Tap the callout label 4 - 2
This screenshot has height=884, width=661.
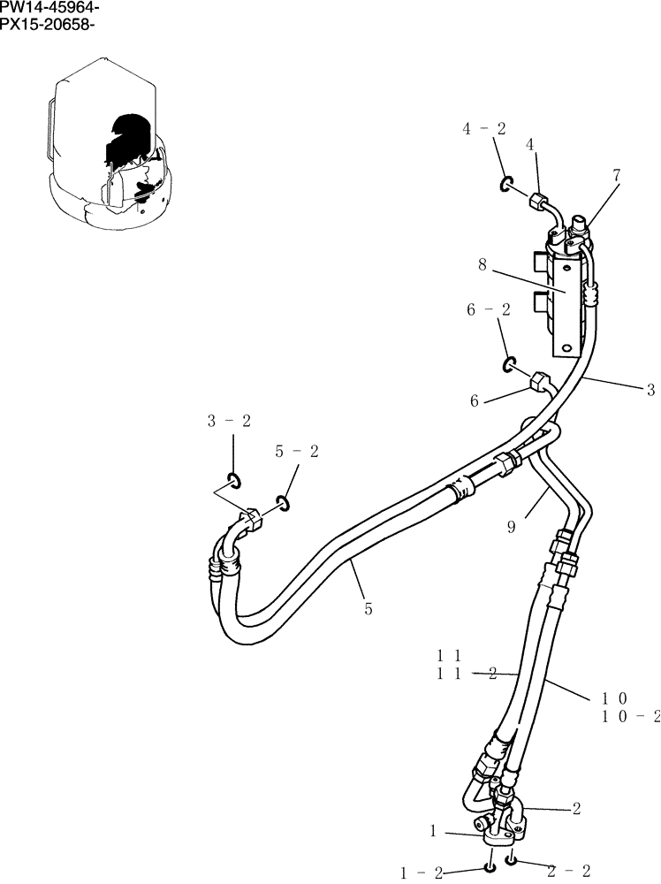pyautogui.click(x=484, y=129)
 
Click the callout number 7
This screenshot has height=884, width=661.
pyautogui.click(x=616, y=176)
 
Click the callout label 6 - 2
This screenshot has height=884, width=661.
pyautogui.click(x=488, y=309)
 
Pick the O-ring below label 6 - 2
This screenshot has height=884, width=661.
pyautogui.click(x=510, y=364)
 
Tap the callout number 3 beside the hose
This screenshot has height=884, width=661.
pyautogui.click(x=650, y=389)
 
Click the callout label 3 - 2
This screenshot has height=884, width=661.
pyautogui.click(x=229, y=422)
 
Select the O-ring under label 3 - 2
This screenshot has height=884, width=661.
pyautogui.click(x=234, y=480)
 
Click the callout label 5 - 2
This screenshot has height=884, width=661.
pyautogui.click(x=297, y=452)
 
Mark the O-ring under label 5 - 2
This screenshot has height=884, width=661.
pyautogui.click(x=283, y=503)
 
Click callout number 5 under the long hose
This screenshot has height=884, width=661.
pyautogui.click(x=367, y=608)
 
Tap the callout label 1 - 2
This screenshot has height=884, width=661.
pyautogui.click(x=422, y=873)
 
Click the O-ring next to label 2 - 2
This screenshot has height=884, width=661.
pyautogui.click(x=512, y=860)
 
